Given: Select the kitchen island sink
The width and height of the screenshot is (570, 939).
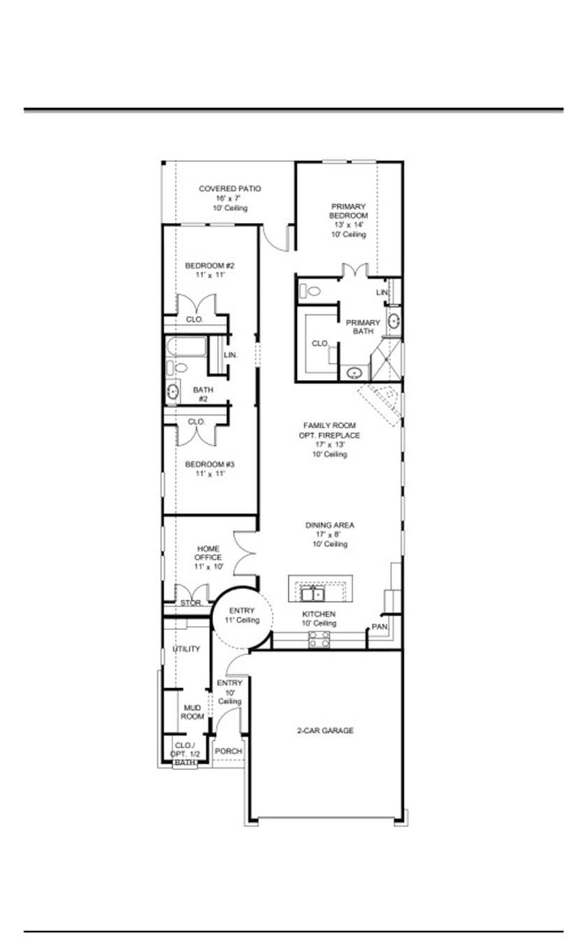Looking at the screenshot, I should (x=312, y=595).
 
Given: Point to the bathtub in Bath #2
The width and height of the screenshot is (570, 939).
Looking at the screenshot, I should (x=187, y=347).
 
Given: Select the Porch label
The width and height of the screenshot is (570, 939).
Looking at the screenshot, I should (x=228, y=752).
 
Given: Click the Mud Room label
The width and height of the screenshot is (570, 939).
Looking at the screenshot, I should (x=192, y=712).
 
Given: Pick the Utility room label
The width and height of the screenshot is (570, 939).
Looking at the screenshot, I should (x=187, y=649).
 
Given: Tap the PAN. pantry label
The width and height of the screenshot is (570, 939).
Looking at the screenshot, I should (x=379, y=627).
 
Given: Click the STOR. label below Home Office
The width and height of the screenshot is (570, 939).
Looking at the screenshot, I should (x=191, y=603).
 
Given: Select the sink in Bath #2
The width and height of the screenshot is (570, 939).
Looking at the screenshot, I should (x=173, y=393).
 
